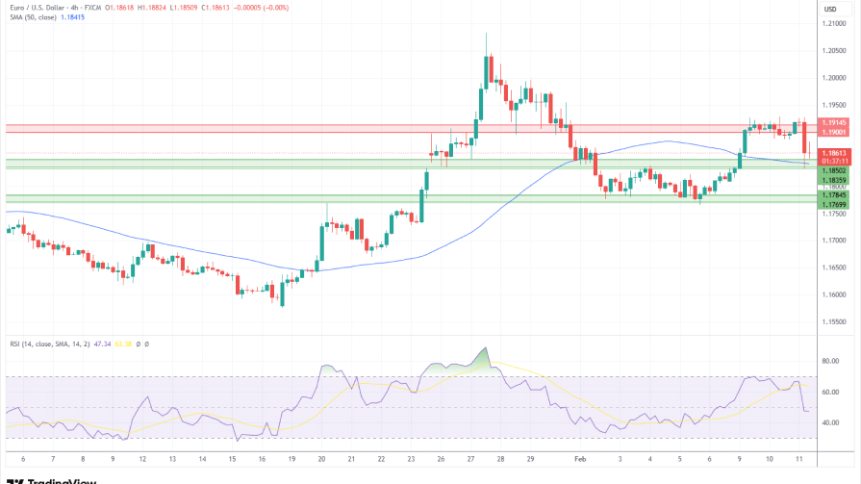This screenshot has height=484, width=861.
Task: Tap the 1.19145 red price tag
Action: coord(832,123)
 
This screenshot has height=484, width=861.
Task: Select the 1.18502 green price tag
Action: coord(832,170)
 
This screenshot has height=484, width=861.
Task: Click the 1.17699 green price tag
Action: coord(832,204)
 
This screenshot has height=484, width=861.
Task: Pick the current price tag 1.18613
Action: coord(832,153)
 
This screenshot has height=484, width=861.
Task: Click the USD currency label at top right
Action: coord(830,9)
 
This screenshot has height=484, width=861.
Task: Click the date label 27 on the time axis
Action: coord(472,460)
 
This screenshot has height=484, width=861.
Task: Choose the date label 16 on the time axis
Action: coord(262,460)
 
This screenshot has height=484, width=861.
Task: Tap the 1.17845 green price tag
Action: coord(832,195)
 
